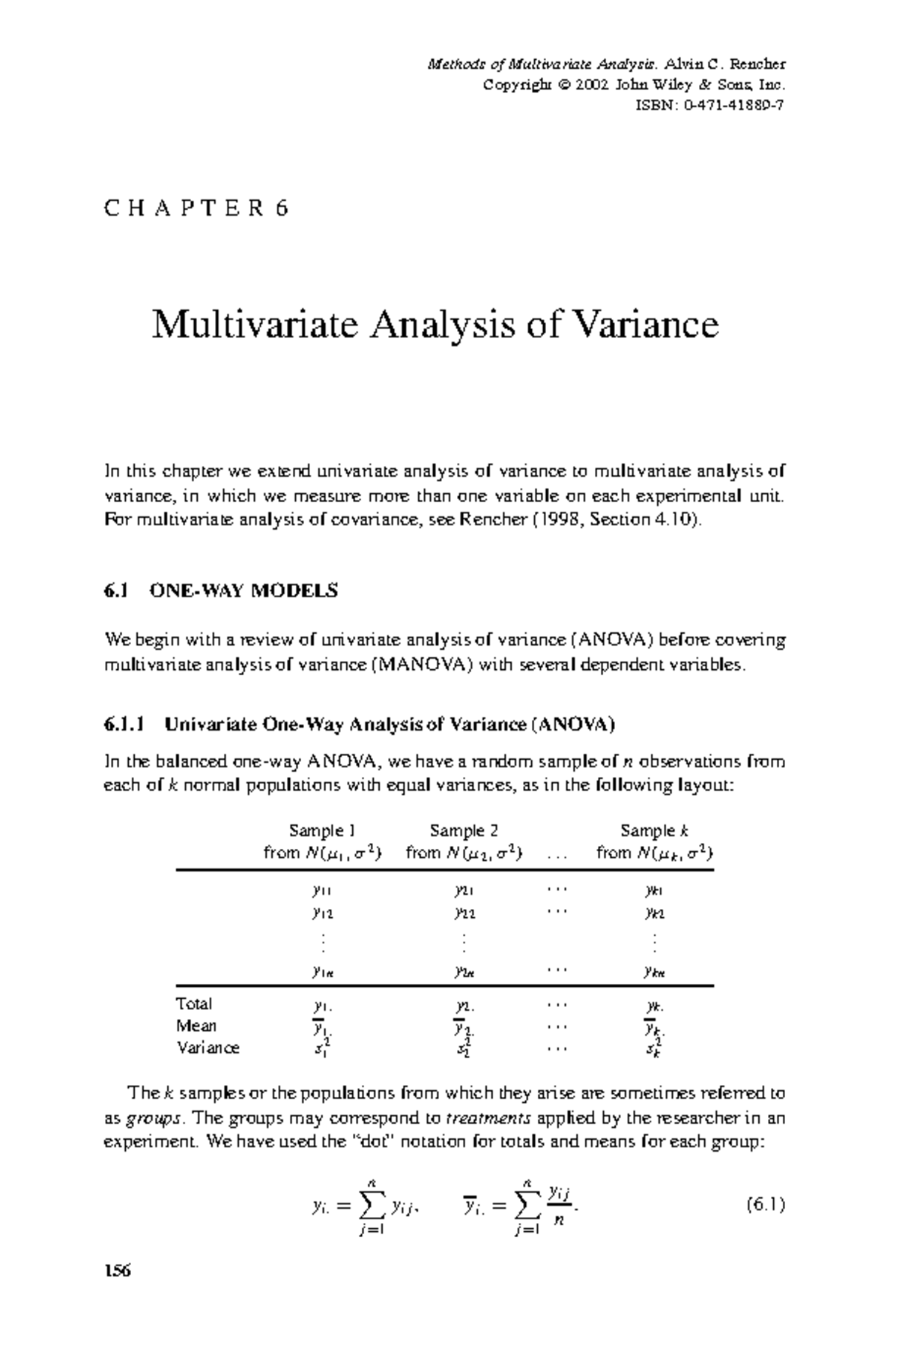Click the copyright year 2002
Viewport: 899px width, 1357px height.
[x=590, y=85]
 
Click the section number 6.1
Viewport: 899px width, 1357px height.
[x=116, y=590]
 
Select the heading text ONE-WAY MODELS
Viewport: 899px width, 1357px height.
[x=244, y=590]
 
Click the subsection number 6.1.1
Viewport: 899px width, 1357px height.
[x=123, y=725]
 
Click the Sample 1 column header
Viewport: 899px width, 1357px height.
[x=323, y=830]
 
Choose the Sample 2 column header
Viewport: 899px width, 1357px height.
[x=464, y=830]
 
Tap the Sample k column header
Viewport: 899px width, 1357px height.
[x=654, y=830]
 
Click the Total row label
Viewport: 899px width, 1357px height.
[x=194, y=1004]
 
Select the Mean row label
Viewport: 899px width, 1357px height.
[x=196, y=1026]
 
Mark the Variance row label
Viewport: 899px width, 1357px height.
[x=208, y=1048]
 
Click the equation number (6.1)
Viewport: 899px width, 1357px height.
[x=765, y=1206]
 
